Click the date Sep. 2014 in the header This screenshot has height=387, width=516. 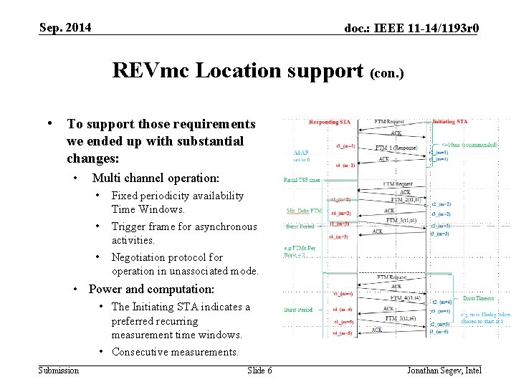pos(65,28)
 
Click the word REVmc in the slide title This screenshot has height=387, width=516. pos(151,70)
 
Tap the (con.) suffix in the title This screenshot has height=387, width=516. pos(388,73)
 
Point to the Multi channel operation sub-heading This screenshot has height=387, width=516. pos(156,178)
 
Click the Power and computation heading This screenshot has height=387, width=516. pos(151,290)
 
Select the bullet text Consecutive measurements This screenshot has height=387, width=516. pos(175,352)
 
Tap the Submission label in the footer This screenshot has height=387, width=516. pos(59,370)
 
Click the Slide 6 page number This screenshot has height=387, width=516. pos(259,370)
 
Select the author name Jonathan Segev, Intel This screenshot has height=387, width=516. pos(444,370)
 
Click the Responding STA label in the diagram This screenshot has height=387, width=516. pos(330,123)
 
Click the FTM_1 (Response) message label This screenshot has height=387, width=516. pos(396,148)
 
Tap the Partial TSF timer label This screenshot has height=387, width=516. pos(302,180)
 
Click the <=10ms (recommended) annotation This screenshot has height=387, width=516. pos(470,145)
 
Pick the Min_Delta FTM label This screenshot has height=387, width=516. pos(303,211)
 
